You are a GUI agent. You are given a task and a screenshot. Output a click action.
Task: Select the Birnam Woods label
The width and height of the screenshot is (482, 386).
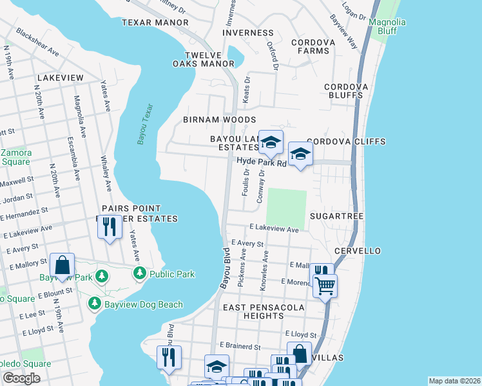pos(219,120)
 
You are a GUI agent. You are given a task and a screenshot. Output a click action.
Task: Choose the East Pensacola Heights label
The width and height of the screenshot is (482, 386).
pos(262,312)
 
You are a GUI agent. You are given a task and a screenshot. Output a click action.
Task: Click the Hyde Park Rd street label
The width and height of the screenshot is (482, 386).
pos(262,163)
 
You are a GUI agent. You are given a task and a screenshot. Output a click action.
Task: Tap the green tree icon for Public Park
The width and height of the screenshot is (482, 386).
pos(139,274)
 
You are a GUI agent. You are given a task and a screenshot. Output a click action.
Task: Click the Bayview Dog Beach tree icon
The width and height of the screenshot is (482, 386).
pos(95,302)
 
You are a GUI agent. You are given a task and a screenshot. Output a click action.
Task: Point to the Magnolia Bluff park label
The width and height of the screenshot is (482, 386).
pos(387,26)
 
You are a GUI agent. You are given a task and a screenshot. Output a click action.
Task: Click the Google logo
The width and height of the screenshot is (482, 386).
pos(21,378)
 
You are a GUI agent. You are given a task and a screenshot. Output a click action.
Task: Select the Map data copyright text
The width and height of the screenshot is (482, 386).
pos(454,381)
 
